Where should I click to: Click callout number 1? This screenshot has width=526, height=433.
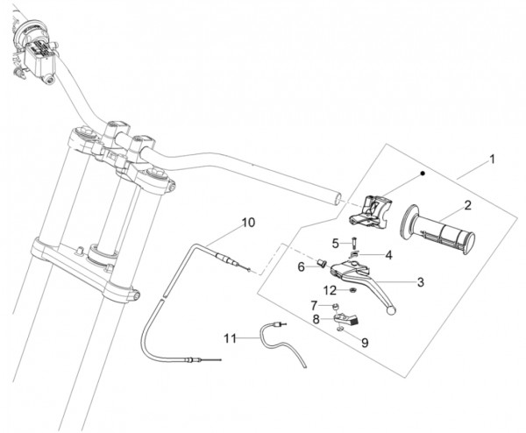click(x=492, y=159)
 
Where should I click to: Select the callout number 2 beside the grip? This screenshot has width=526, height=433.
click(x=467, y=205)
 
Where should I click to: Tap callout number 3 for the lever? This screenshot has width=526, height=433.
click(x=420, y=282)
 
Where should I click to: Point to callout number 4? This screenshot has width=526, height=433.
click(x=388, y=255)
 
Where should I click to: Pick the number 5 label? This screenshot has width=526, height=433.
click(x=336, y=244)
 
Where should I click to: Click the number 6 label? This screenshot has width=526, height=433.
click(x=302, y=267)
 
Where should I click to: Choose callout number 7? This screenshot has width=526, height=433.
click(x=314, y=306)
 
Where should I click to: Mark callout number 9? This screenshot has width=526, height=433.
click(x=365, y=343)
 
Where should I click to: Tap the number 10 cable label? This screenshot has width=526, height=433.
click(x=249, y=223)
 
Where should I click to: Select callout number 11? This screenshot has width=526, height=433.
click(x=230, y=338)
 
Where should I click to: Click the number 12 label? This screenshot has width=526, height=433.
click(x=330, y=290)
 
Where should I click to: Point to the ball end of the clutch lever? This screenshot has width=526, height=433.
click(x=391, y=310)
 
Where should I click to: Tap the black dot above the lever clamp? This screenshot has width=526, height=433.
click(x=423, y=173)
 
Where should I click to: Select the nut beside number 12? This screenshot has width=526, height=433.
click(x=353, y=289)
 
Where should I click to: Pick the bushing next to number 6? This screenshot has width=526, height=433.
click(x=322, y=263)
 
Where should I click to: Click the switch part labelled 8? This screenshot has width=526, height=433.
click(x=346, y=319)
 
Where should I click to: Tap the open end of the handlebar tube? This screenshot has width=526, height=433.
click(x=338, y=199)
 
